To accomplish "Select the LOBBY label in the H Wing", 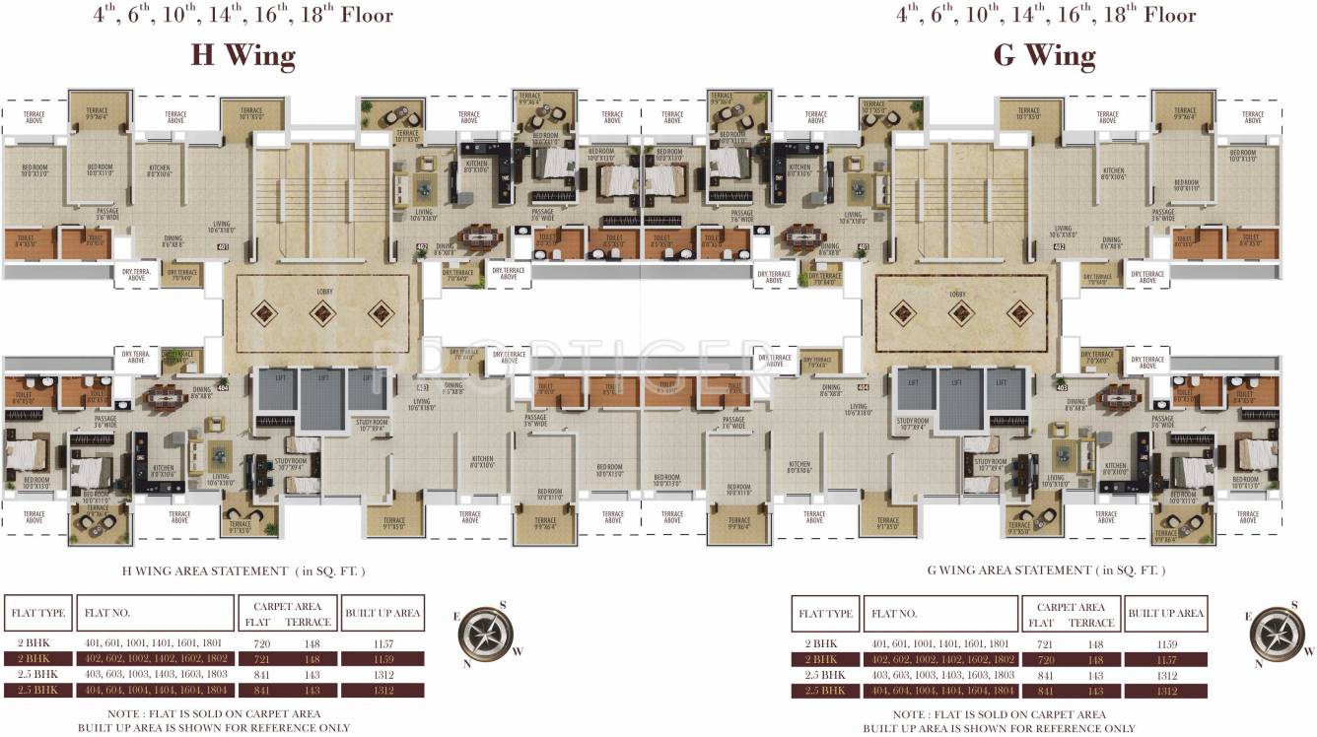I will pyautogui.click(x=323, y=293).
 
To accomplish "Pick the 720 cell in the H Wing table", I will pyautogui.click(x=259, y=642).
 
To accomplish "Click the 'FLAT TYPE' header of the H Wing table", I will pyautogui.click(x=37, y=613).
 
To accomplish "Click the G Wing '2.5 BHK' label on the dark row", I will pyautogui.click(x=824, y=691).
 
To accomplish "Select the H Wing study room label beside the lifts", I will pyautogui.click(x=373, y=427).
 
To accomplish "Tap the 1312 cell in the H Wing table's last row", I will pyautogui.click(x=382, y=691).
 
